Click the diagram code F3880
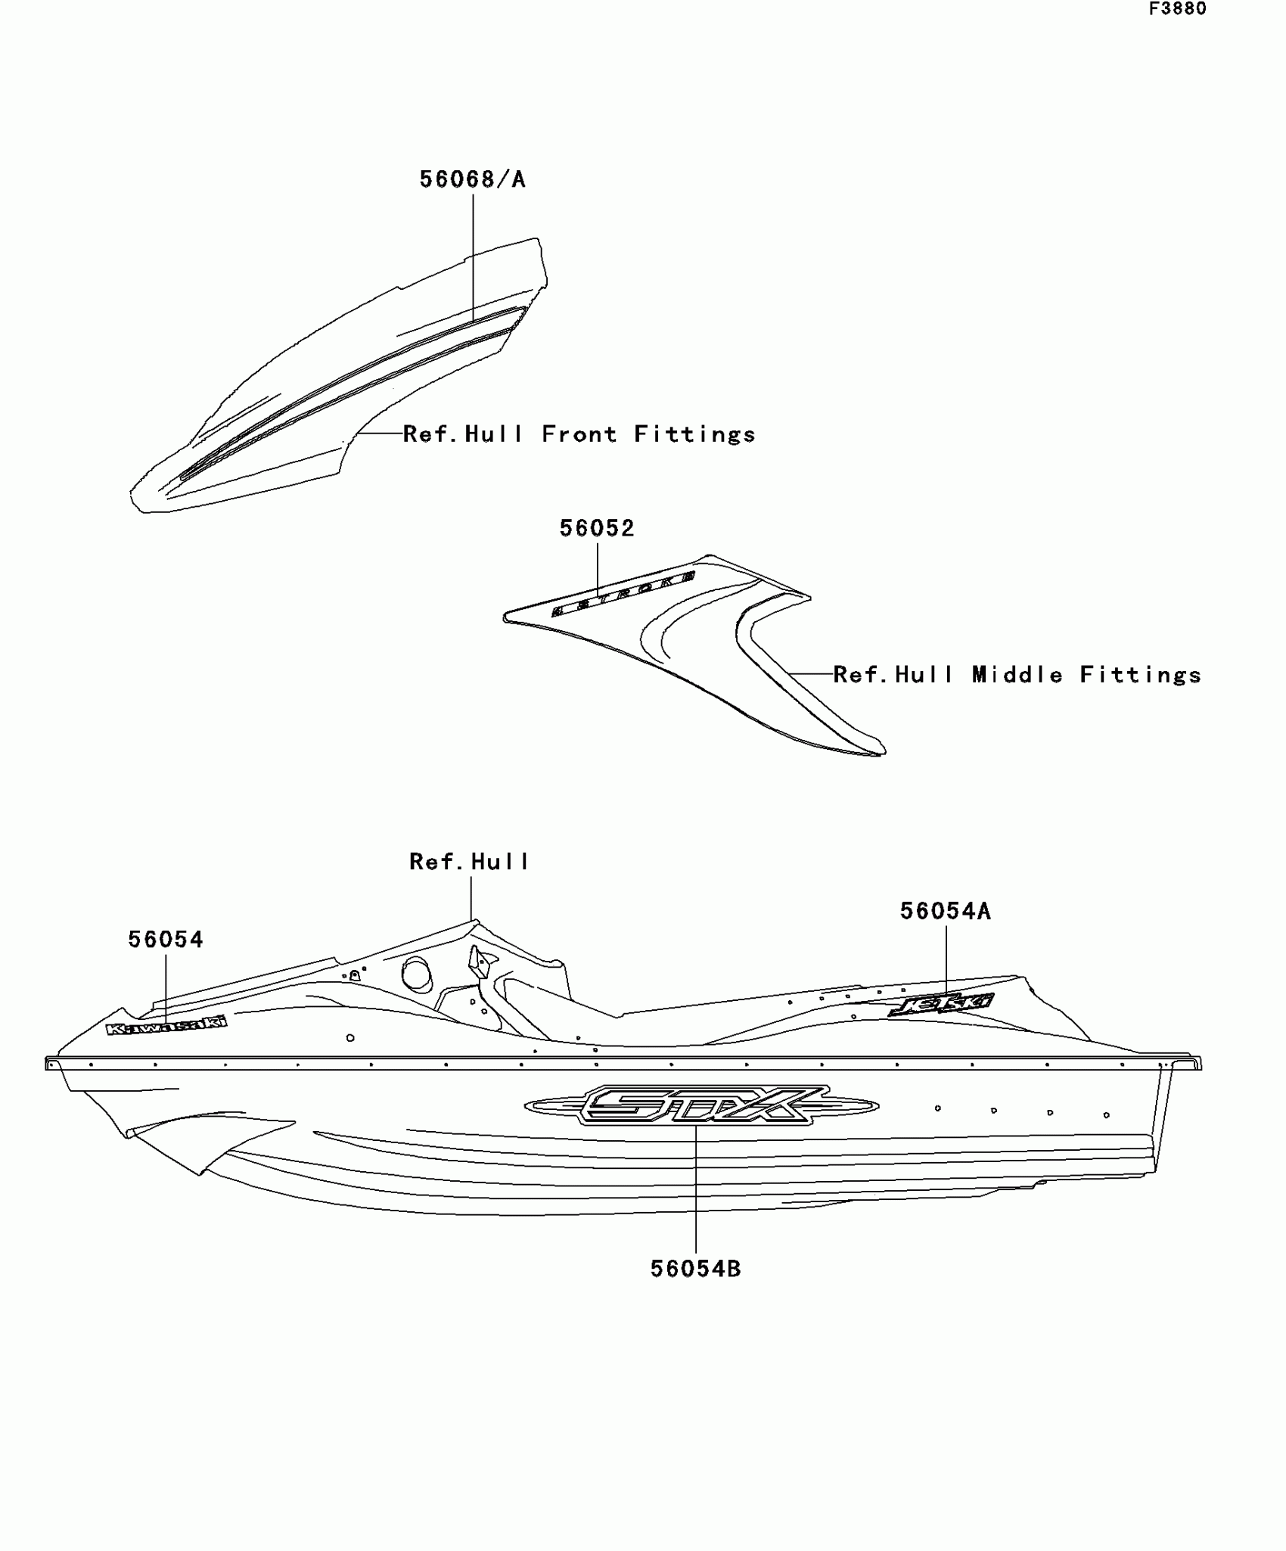click(x=1178, y=9)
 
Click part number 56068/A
click(x=472, y=179)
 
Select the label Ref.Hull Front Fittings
click(x=579, y=434)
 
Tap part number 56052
click(x=597, y=528)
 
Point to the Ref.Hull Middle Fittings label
click(x=1017, y=675)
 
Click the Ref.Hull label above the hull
click(x=469, y=862)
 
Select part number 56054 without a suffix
click(x=166, y=940)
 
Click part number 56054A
click(x=945, y=912)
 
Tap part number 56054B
click(x=696, y=1269)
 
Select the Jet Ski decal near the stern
click(x=942, y=1005)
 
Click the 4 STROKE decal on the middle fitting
click(x=623, y=594)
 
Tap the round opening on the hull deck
click(x=415, y=973)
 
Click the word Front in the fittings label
click(x=579, y=434)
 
